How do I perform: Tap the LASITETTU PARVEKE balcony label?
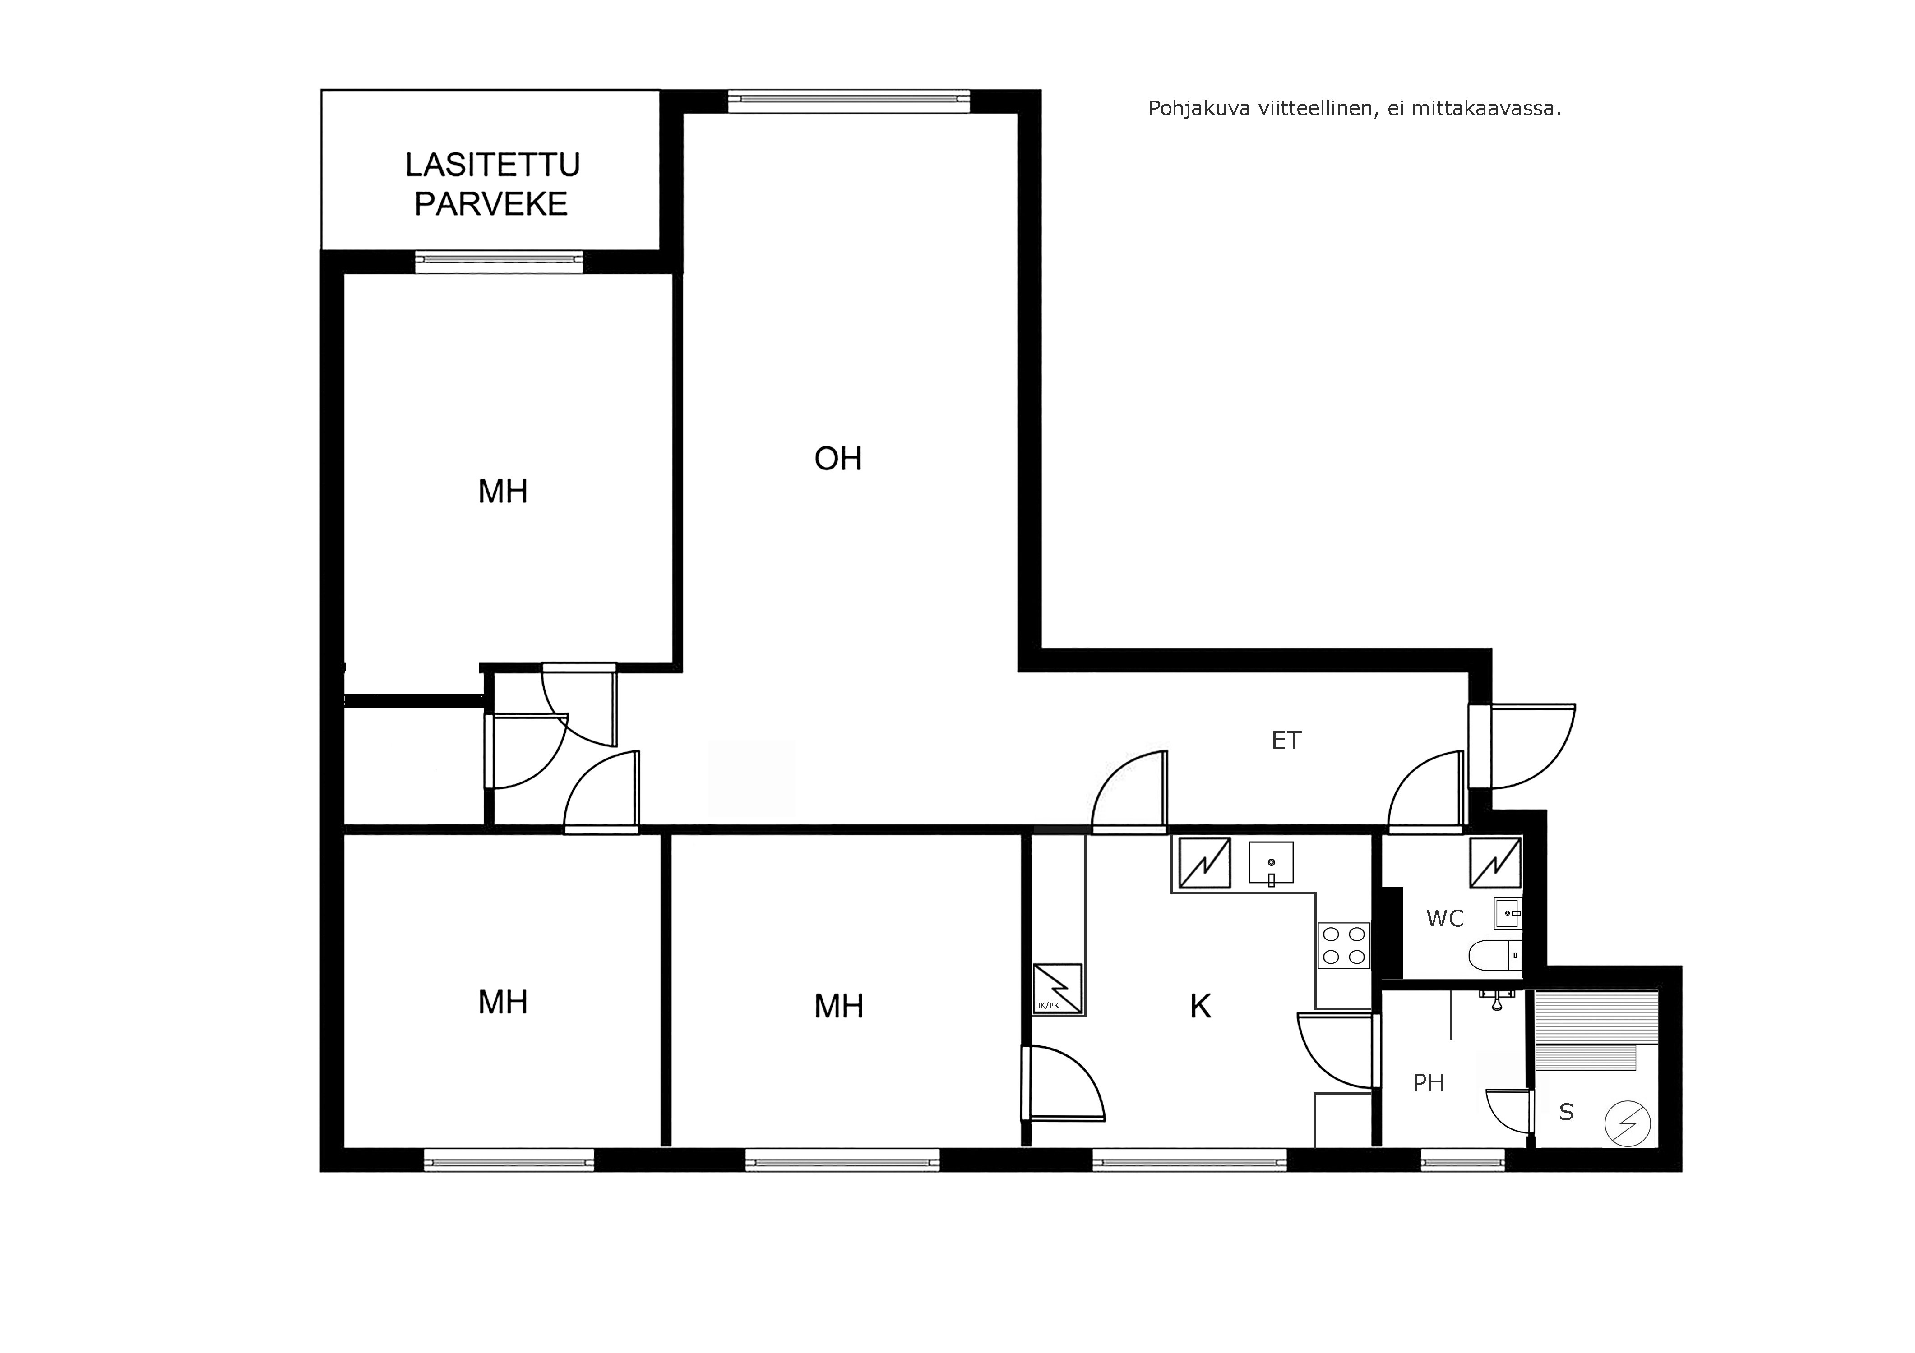click(x=492, y=184)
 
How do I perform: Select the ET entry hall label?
click(x=1286, y=740)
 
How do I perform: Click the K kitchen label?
click(x=1200, y=1007)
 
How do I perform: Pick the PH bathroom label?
click(x=1429, y=1083)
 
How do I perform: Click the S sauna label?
click(x=1566, y=1112)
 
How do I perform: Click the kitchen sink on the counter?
click(x=1271, y=862)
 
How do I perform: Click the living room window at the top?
click(x=849, y=101)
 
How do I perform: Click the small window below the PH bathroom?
click(x=1463, y=1160)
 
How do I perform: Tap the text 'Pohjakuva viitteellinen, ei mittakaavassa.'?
click(x=1355, y=108)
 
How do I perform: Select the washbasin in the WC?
click(x=1508, y=913)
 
